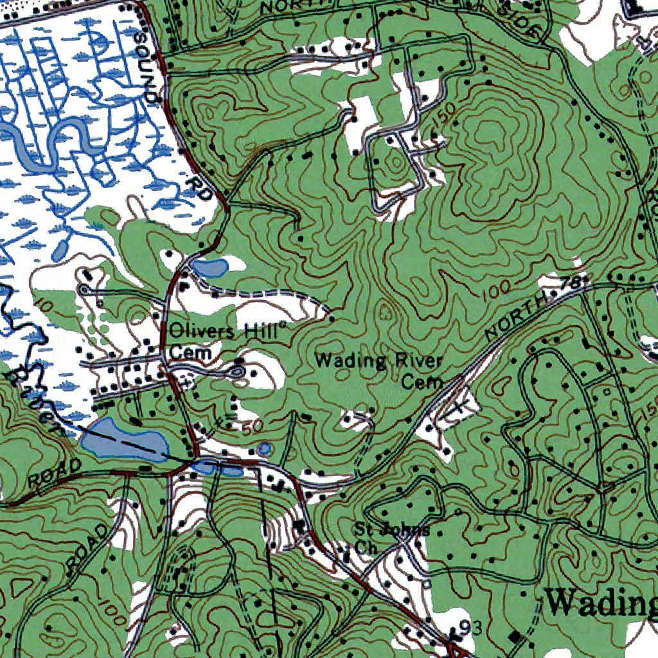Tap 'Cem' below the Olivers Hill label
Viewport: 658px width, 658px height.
click(187, 353)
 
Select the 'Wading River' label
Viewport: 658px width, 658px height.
click(378, 360)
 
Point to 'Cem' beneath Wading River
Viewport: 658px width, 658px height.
click(422, 382)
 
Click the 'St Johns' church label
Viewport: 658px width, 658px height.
click(392, 530)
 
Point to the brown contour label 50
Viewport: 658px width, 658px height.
click(251, 426)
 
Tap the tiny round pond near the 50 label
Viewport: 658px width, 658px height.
click(263, 448)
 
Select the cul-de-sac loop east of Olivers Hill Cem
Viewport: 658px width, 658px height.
click(237, 371)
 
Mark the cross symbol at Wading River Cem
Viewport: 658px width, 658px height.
click(458, 406)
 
